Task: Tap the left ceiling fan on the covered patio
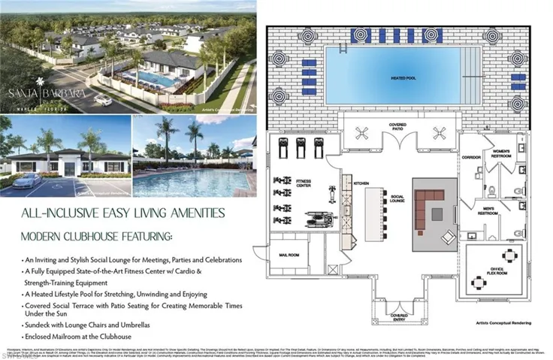click(x=358, y=133)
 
